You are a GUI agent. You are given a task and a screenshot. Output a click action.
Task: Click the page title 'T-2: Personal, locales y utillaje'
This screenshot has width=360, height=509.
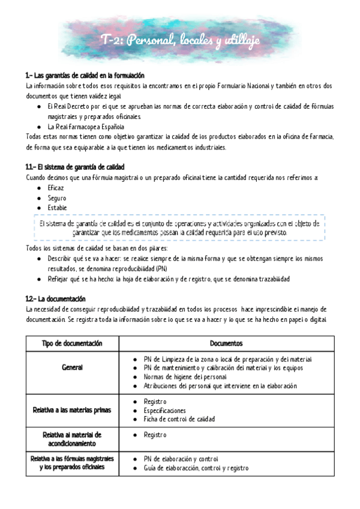(180, 40)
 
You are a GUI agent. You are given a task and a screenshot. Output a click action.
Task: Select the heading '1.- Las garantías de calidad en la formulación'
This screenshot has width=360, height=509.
(85, 76)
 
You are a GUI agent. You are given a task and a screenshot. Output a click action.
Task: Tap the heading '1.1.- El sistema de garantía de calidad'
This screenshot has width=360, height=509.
(75, 166)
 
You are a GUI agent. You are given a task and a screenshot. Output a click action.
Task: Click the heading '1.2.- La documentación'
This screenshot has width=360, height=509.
(56, 298)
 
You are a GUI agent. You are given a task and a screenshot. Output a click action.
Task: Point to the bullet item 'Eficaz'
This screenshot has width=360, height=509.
(56, 188)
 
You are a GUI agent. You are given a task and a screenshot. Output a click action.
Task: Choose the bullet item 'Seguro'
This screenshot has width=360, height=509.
(57, 197)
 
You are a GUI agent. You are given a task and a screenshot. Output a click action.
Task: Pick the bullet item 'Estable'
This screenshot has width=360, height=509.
(58, 208)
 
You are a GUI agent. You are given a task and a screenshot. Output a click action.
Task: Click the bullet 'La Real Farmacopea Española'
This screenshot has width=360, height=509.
(86, 127)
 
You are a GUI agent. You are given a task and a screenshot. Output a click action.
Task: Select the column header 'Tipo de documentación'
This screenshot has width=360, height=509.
(72, 343)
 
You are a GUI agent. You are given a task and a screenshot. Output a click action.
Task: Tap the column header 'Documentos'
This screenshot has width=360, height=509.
(226, 343)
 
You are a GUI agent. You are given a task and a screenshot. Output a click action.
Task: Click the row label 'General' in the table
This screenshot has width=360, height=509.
(72, 367)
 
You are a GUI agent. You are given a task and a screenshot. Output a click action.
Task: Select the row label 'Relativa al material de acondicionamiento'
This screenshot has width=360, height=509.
(72, 438)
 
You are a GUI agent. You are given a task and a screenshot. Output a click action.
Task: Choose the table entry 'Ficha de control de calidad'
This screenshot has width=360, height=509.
(179, 419)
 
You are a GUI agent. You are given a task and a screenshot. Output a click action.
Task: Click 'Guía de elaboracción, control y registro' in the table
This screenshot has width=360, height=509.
(196, 468)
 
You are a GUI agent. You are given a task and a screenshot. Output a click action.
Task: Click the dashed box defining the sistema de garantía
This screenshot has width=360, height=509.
(179, 227)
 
